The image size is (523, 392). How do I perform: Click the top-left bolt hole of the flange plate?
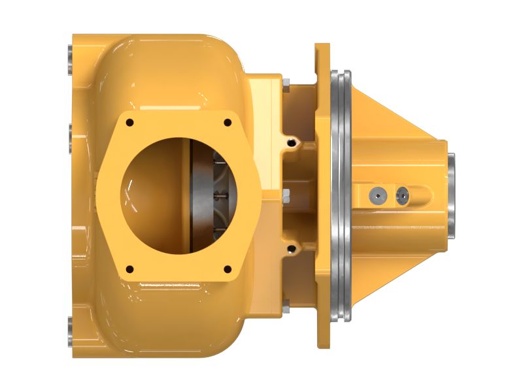click(129, 122)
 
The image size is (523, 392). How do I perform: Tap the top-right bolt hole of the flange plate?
click(228, 122)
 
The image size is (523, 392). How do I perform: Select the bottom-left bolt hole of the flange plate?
click(129, 268)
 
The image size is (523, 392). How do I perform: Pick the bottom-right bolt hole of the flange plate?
click(228, 268)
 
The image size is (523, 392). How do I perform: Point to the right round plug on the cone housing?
click(403, 194)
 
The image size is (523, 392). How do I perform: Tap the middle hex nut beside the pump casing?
click(286, 193)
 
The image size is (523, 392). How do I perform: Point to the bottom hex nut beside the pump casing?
click(286, 304)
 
